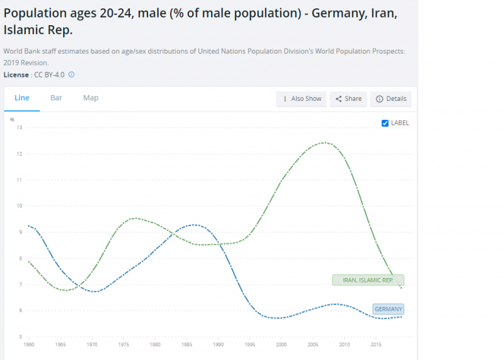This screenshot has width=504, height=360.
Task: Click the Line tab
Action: pyautogui.click(x=22, y=98)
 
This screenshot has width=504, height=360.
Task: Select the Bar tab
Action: pyautogui.click(x=56, y=98)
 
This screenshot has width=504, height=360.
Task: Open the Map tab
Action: pyautogui.click(x=91, y=98)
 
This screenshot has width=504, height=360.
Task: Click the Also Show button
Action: pyautogui.click(x=302, y=99)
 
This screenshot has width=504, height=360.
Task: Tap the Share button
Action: pyautogui.click(x=348, y=99)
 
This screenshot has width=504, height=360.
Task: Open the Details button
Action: pyautogui.click(x=391, y=99)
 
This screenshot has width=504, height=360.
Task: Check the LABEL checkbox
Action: pyautogui.click(x=386, y=123)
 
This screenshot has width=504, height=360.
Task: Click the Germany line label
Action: pyautogui.click(x=388, y=309)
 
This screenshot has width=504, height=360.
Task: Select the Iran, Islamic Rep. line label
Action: pyautogui.click(x=368, y=280)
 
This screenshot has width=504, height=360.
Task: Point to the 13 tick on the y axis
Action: pyautogui.click(x=19, y=127)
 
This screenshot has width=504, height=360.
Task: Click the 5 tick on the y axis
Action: pyautogui.click(x=20, y=337)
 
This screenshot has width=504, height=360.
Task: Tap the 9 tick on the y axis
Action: pyautogui.click(x=20, y=232)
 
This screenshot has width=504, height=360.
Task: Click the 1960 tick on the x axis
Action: pyautogui.click(x=28, y=345)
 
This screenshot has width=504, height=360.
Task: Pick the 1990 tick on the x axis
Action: pyautogui.click(x=218, y=345)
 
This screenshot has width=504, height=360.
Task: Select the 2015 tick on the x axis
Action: pyautogui.click(x=375, y=345)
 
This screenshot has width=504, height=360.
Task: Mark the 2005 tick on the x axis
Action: pyautogui.click(x=312, y=345)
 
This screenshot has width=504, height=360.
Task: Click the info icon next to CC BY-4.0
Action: pyautogui.click(x=72, y=74)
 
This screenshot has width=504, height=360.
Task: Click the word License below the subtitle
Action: pyautogui.click(x=16, y=74)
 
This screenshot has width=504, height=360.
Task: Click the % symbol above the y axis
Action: pyautogui.click(x=12, y=119)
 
